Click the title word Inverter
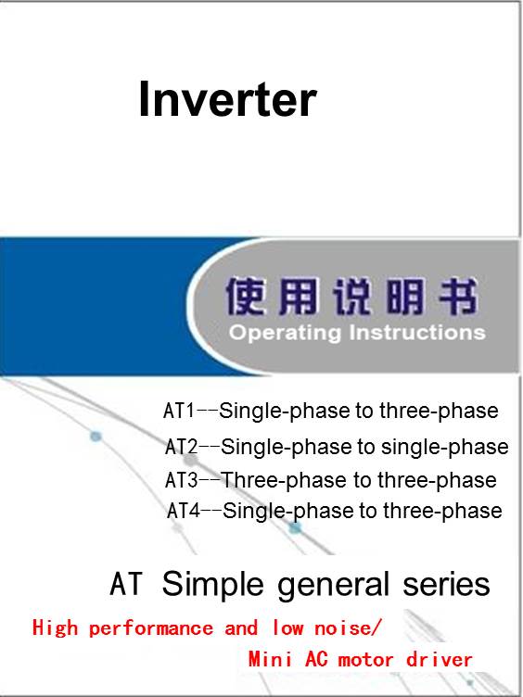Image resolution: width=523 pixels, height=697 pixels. tap(228, 99)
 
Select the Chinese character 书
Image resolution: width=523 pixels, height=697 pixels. tap(459, 296)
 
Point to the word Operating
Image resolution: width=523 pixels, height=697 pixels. tap(285, 334)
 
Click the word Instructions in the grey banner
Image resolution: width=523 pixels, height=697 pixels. tap(417, 333)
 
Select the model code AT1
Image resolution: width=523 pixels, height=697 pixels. tap(179, 411)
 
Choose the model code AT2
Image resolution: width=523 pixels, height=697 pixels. tap(181, 447)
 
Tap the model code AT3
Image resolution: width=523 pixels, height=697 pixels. tap(182, 480)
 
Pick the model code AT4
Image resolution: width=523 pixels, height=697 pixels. tap(184, 511)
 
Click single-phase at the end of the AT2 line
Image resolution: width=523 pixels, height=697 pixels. tap(445, 447)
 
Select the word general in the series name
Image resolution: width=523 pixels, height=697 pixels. tap(334, 584)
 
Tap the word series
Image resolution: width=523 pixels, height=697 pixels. tap(447, 584)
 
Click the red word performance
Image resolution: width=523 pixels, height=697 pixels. tap(151, 628)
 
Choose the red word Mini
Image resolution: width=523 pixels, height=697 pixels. tap(271, 659)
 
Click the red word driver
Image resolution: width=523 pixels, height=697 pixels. tap(439, 659)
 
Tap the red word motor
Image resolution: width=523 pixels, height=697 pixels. tap(365, 660)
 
